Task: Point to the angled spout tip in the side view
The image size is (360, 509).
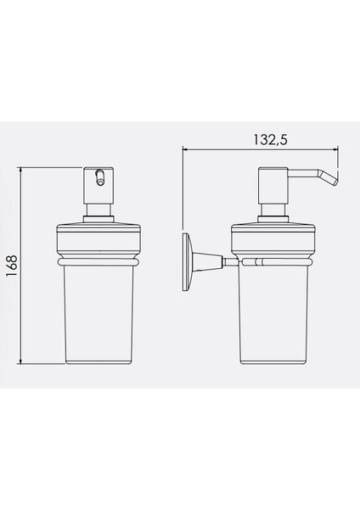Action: [x=332, y=179]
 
